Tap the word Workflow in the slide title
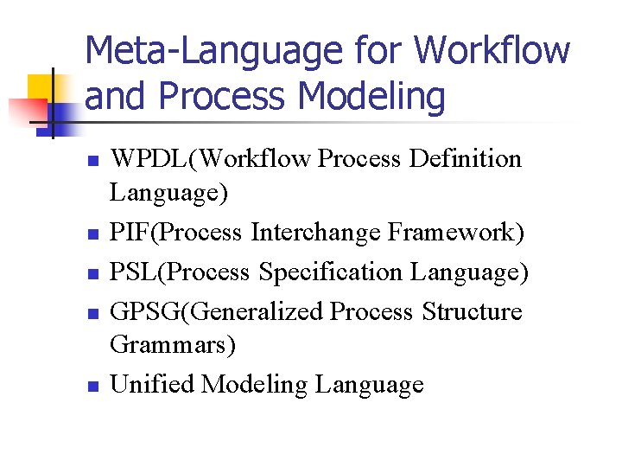click(492, 50)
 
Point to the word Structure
click(473, 310)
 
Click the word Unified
click(152, 384)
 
